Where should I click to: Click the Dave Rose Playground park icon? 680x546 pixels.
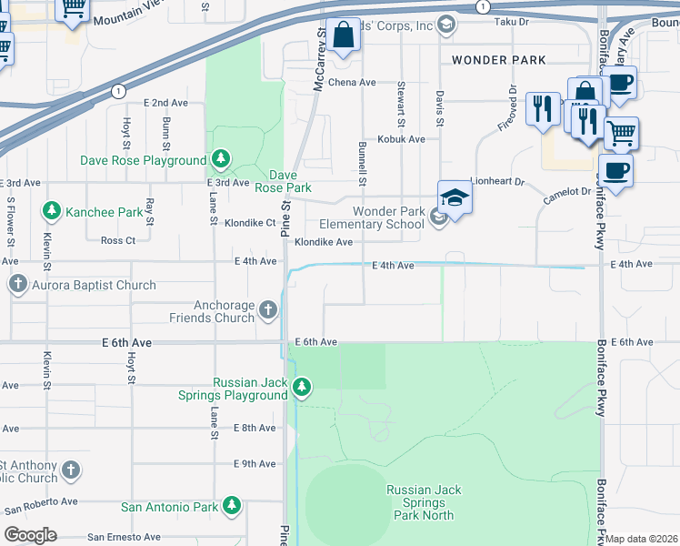(x=220, y=160)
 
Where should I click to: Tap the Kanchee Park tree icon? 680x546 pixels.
(x=51, y=212)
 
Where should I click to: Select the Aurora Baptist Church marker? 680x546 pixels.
(x=17, y=285)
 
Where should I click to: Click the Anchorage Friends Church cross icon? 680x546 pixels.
(x=267, y=310)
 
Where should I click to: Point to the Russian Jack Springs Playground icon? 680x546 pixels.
(x=302, y=389)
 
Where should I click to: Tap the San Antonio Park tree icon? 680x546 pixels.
(x=232, y=506)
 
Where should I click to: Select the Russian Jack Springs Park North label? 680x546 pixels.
(x=424, y=502)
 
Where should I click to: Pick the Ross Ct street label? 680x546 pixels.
(x=118, y=240)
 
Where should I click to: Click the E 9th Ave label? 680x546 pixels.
(x=255, y=464)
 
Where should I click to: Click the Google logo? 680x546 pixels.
(x=30, y=535)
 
